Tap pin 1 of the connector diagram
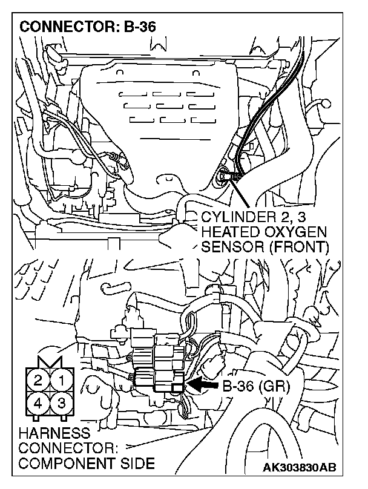61,381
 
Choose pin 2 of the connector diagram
38,381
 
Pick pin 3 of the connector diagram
61,402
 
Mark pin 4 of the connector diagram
38,402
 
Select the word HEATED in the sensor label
224,233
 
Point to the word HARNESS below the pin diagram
46,434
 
